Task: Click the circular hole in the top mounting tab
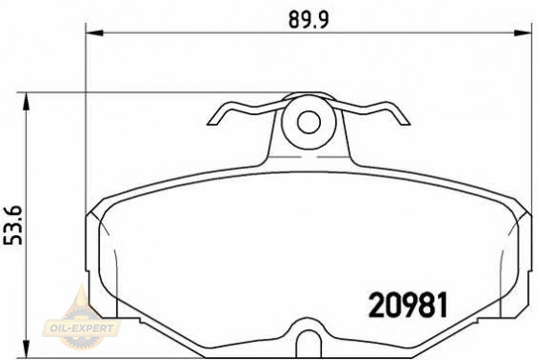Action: point(307,122)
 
